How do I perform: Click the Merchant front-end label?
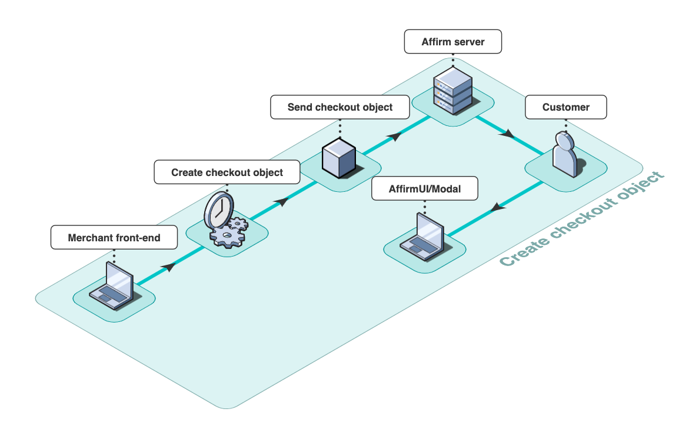(x=114, y=238)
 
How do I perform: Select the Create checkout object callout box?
(x=227, y=172)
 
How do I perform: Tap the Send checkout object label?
(x=340, y=107)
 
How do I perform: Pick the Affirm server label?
(x=453, y=42)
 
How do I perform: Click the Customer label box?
(x=566, y=107)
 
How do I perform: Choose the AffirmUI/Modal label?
(x=425, y=190)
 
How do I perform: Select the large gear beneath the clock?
(x=227, y=236)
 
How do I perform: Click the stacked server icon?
(x=452, y=91)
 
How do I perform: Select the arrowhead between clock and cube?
(x=282, y=201)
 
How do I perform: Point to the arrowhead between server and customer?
(x=507, y=135)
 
